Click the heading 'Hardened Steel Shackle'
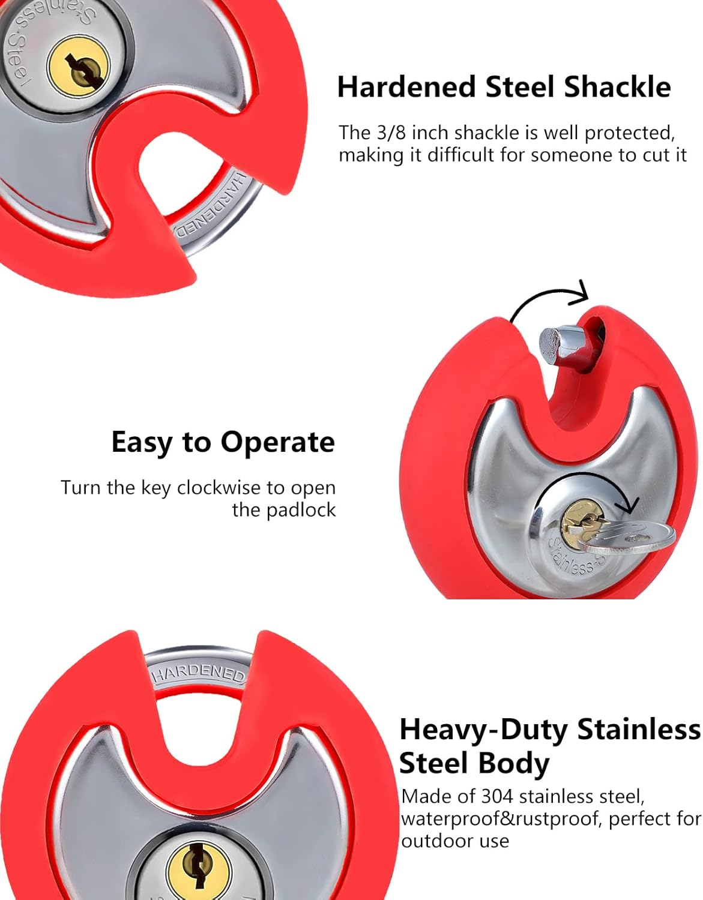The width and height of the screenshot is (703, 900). [x=504, y=87]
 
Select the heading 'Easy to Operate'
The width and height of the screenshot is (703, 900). [x=223, y=443]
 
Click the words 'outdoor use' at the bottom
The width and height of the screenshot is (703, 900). [x=455, y=841]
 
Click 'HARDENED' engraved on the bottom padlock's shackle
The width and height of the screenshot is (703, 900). [x=198, y=673]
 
